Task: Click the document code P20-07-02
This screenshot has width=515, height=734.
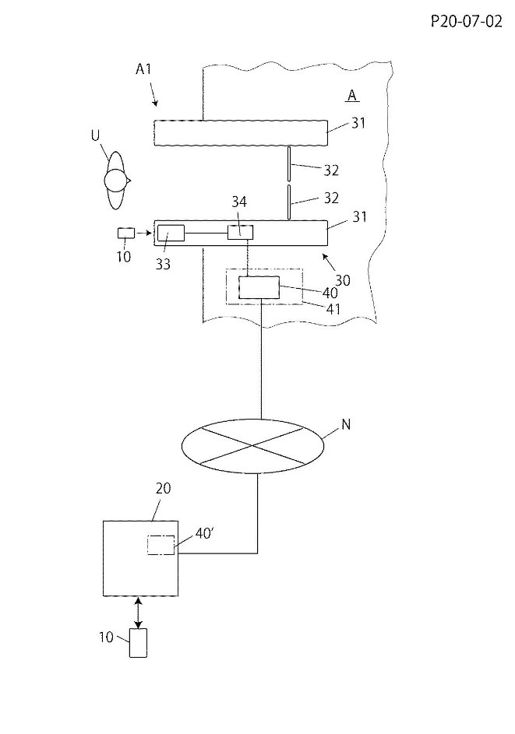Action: point(465,22)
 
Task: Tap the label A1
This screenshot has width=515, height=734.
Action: point(143,69)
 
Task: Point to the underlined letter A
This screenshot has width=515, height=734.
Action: point(352,95)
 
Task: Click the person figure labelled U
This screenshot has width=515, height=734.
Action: point(115,181)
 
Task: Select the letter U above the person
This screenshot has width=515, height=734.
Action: point(95,135)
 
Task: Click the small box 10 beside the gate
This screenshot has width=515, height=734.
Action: point(125,232)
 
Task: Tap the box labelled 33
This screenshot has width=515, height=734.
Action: point(171,232)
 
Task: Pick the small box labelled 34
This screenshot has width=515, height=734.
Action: point(240,232)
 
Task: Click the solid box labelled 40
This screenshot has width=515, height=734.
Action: point(259,287)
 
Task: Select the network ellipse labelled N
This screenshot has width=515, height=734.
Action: point(252,445)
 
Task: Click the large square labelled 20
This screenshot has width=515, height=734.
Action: point(141,558)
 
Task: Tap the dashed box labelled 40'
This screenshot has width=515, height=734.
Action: point(160,545)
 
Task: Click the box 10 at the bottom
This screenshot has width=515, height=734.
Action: point(138,642)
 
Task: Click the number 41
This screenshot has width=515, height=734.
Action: point(333,309)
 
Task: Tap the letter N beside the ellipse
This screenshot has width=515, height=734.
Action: point(345,426)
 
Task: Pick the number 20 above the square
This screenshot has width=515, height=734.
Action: point(163,489)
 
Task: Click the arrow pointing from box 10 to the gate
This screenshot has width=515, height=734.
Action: point(144,232)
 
